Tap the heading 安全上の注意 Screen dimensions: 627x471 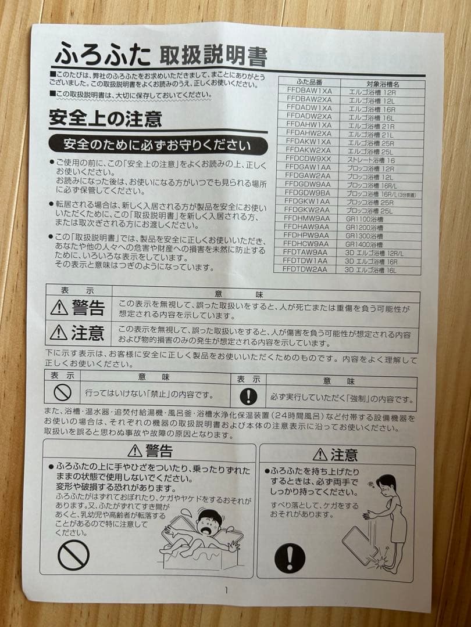tap(105, 120)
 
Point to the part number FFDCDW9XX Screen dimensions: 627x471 tap(308, 158)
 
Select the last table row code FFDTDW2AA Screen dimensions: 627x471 tap(305, 269)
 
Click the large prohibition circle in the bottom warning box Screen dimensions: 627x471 tap(73, 555)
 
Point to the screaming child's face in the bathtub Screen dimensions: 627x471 tap(206, 522)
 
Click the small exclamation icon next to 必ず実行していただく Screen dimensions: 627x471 tap(248, 396)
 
